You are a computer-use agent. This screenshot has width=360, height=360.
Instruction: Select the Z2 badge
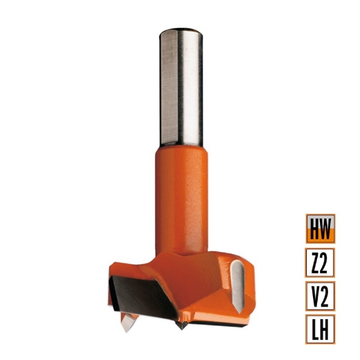319,262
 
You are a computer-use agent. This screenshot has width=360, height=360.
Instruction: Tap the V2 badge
319,296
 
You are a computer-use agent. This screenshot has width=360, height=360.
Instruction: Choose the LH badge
319,329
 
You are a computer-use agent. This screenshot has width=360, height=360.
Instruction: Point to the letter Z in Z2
314,262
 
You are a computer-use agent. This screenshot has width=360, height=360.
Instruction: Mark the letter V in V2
314,296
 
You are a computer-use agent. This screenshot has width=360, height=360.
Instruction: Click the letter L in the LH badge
314,329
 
